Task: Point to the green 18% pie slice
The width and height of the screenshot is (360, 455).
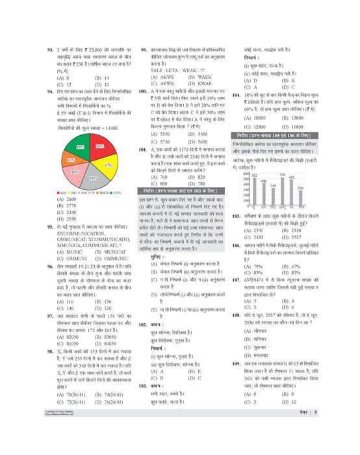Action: pyautogui.click(x=79, y=150)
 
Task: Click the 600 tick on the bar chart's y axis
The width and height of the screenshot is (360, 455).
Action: pyautogui.click(x=246, y=174)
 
